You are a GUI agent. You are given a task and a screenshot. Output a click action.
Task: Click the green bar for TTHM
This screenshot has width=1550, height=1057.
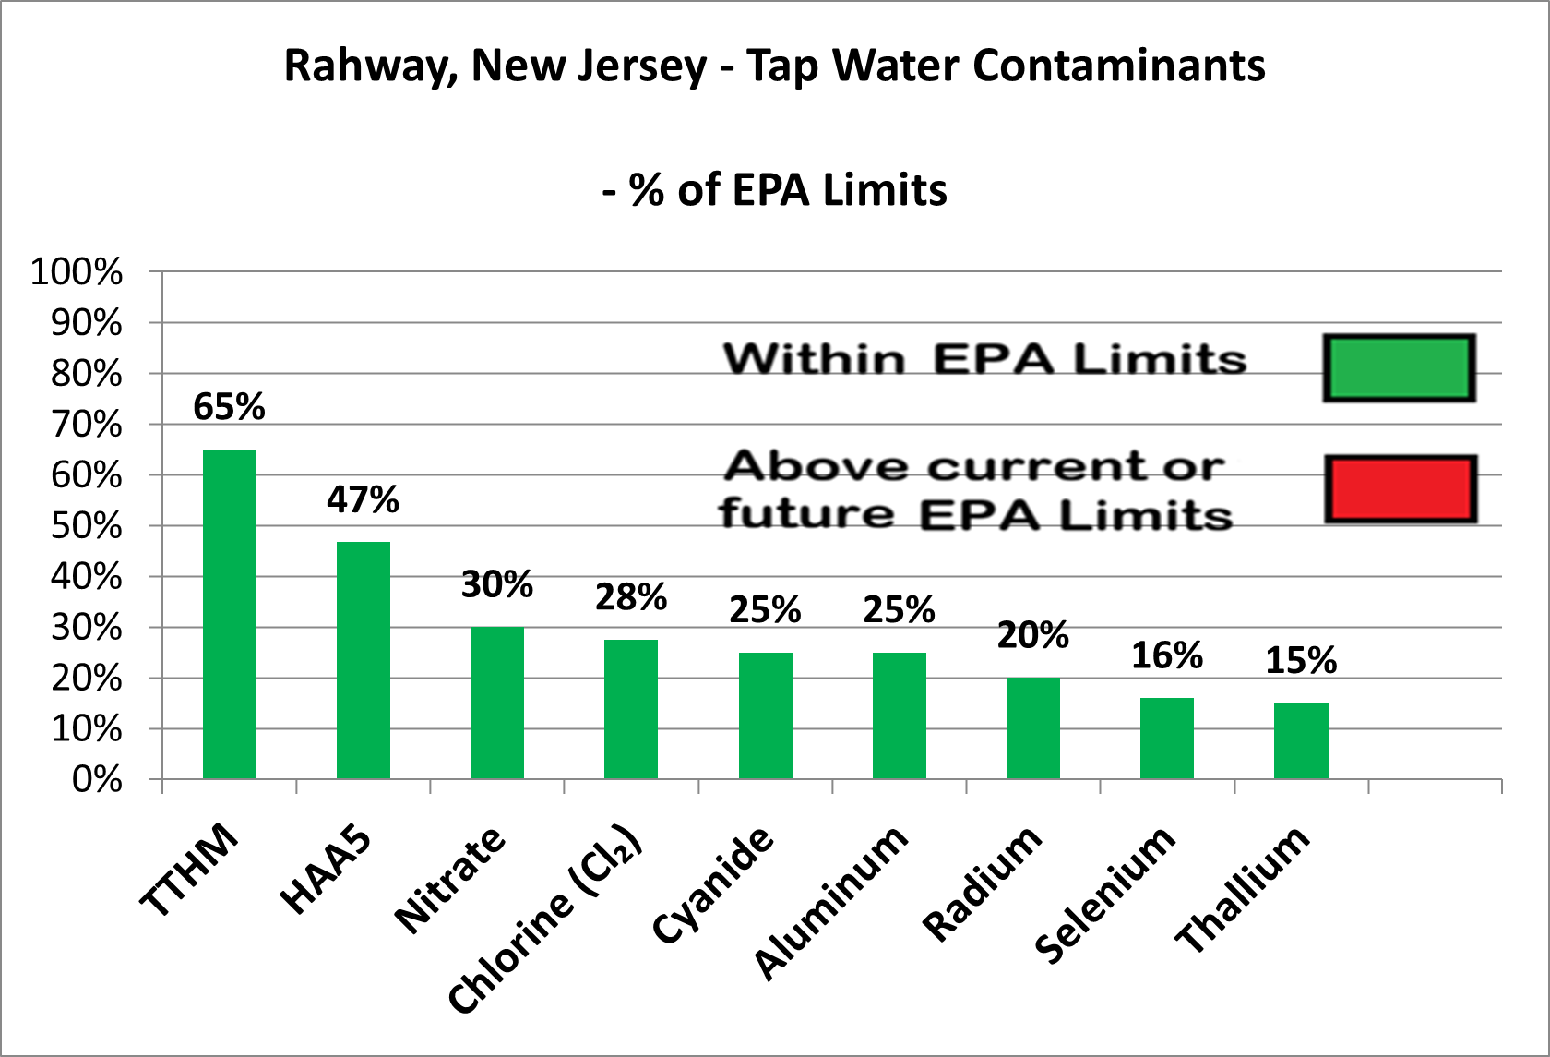[x=230, y=614]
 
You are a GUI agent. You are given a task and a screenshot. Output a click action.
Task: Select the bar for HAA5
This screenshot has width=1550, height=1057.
[x=364, y=660]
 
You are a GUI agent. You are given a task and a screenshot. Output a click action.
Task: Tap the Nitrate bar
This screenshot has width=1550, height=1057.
[x=497, y=703]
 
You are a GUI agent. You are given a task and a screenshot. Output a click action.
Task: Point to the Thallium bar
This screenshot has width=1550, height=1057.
[x=1301, y=740]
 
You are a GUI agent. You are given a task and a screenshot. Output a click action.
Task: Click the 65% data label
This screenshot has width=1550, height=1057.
[x=229, y=406]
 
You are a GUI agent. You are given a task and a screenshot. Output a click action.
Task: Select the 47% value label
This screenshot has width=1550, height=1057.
[x=363, y=499]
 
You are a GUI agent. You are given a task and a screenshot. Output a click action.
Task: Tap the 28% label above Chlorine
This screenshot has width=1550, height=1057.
[x=631, y=597]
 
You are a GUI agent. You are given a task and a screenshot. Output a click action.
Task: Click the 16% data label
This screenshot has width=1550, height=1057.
[x=1167, y=655]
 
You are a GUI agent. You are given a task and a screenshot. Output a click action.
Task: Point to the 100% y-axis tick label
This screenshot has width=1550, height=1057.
[x=77, y=272]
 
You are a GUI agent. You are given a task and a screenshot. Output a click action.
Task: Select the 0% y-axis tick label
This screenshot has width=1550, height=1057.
[x=97, y=780]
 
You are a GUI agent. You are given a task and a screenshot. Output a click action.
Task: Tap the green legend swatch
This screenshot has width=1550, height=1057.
[x=1399, y=368]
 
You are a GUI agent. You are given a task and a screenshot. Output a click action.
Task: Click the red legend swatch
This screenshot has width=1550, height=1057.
[x=1401, y=489]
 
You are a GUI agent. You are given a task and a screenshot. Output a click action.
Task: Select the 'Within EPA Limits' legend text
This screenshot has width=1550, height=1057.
[x=984, y=358]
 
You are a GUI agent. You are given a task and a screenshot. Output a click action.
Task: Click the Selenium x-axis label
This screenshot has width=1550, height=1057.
[x=1105, y=894]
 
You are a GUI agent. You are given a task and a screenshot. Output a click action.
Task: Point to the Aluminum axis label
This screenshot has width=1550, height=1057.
[x=831, y=900]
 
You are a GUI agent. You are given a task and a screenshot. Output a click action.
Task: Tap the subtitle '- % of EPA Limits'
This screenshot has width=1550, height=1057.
[x=775, y=190]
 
